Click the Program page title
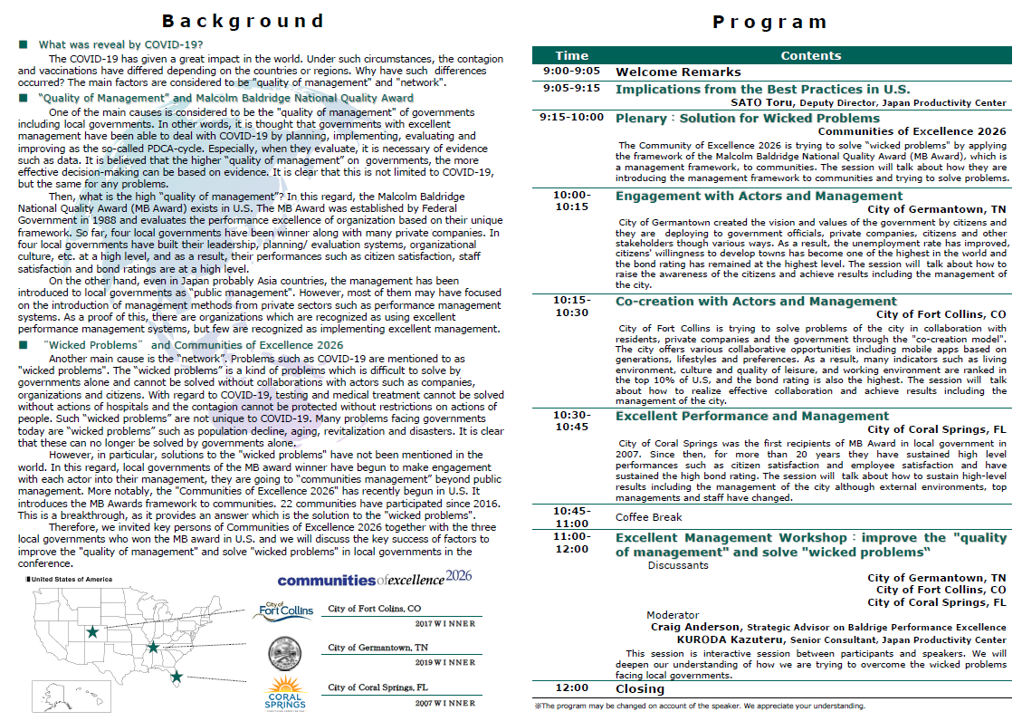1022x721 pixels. (x=769, y=22)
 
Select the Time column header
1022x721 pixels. (x=571, y=55)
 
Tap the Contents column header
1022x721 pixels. (x=810, y=55)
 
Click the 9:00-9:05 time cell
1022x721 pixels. (x=571, y=71)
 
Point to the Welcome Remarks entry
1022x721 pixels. (x=678, y=72)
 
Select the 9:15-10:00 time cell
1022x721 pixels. (x=571, y=117)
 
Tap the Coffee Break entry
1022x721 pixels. (x=648, y=517)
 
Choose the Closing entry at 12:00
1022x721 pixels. (x=640, y=688)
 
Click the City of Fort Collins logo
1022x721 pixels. (x=282, y=612)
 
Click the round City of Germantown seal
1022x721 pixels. (x=285, y=651)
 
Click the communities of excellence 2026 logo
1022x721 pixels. (x=374, y=579)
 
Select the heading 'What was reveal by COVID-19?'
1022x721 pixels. (x=120, y=44)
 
